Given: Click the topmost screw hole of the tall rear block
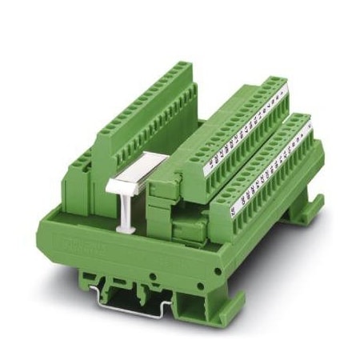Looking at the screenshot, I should coord(186,64).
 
